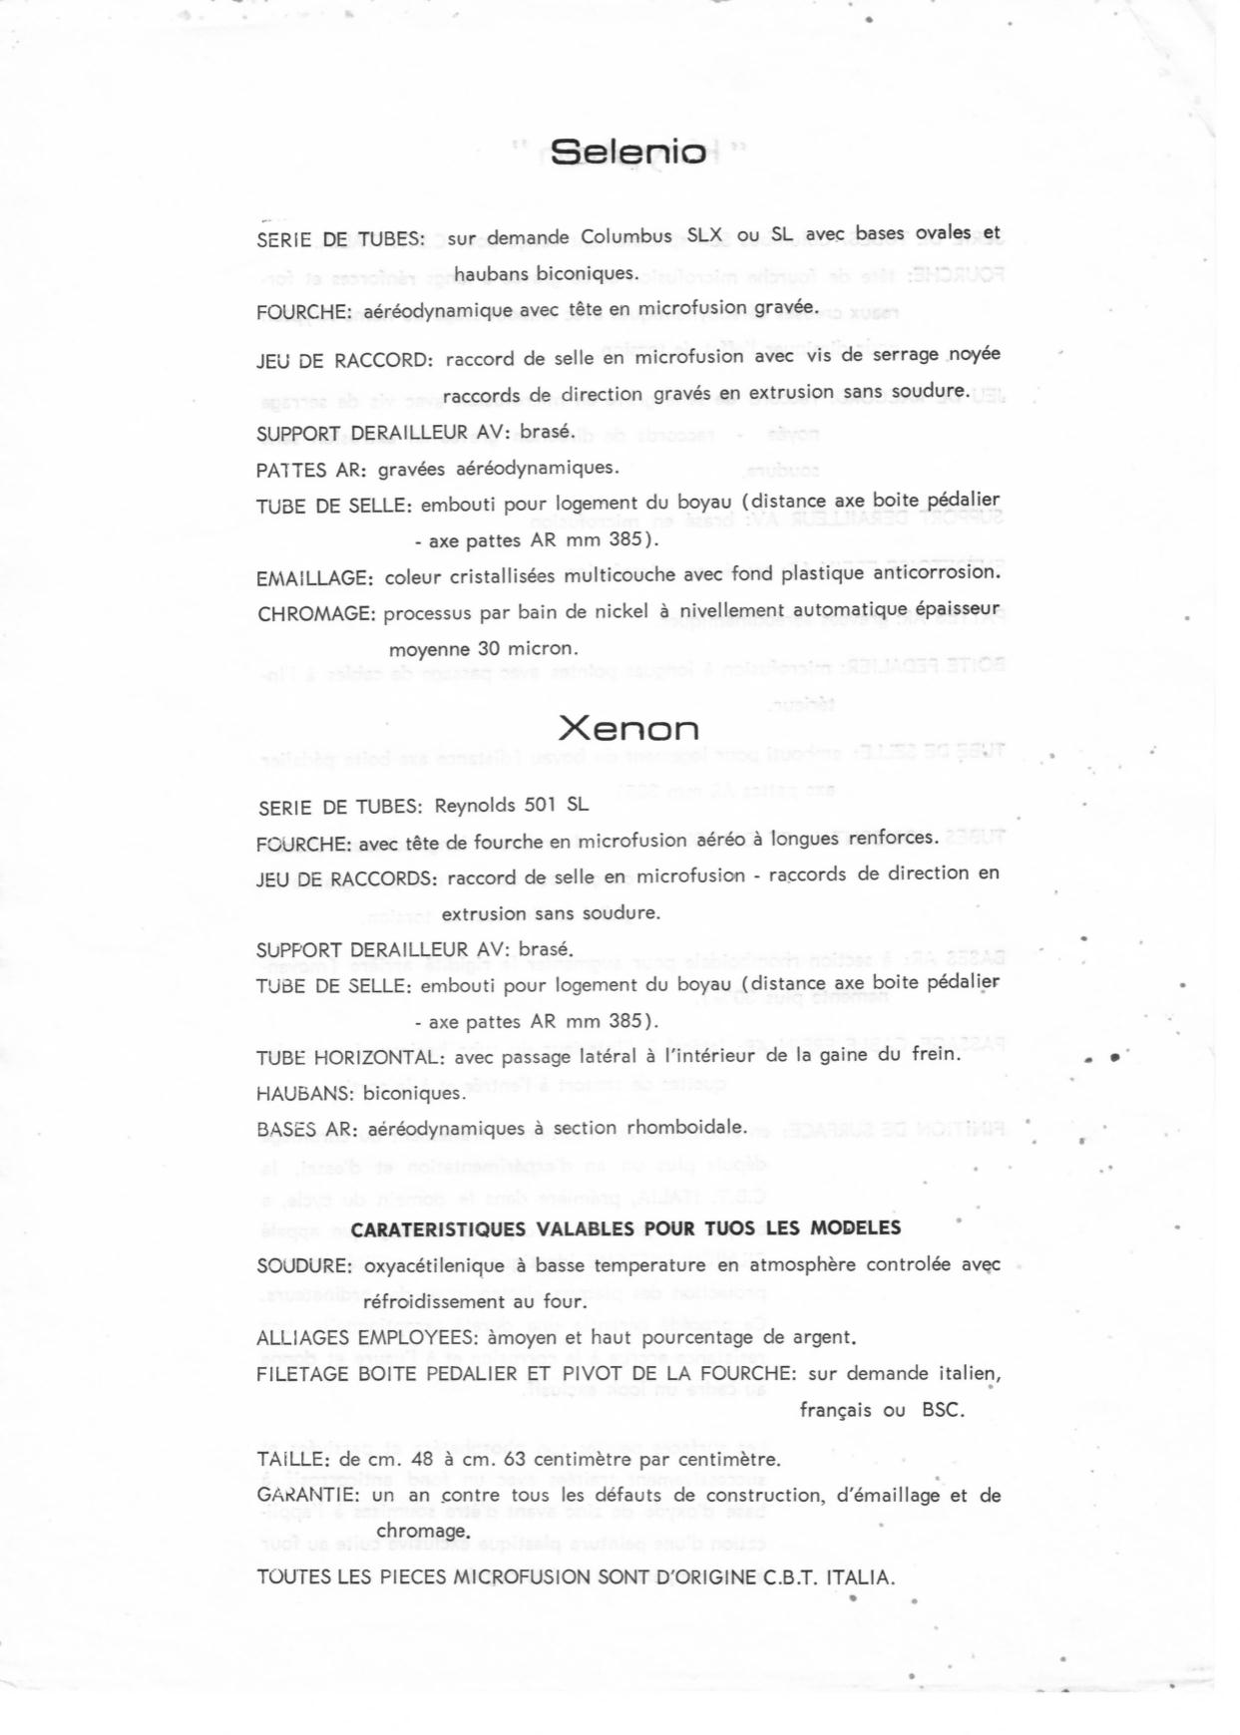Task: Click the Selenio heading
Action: pos(628,152)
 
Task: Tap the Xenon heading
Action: pos(627,729)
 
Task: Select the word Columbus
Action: pos(624,236)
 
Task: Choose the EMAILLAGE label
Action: pos(315,577)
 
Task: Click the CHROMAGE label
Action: pos(316,614)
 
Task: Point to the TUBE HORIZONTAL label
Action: pos(349,1057)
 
